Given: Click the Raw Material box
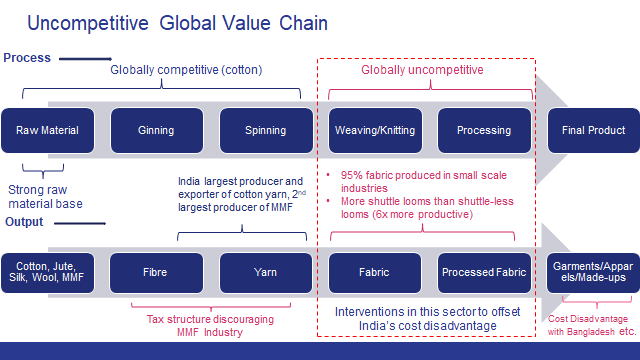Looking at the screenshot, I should click(46, 130).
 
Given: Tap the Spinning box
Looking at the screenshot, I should click(265, 130).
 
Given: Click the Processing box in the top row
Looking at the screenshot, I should click(483, 130).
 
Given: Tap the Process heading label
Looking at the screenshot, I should click(27, 58).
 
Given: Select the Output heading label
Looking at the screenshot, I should click(25, 221).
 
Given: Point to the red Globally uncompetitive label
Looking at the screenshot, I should click(423, 71).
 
